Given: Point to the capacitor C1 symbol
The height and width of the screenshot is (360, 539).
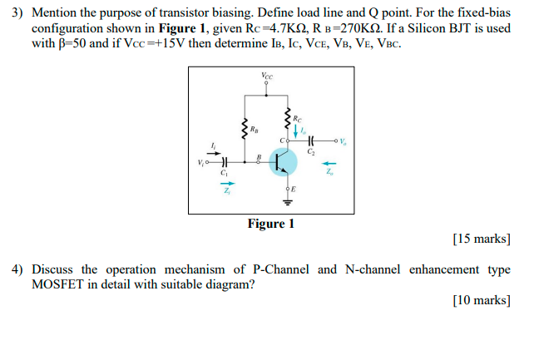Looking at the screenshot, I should (x=223, y=162).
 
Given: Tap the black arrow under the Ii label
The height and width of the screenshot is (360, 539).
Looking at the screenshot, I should (x=215, y=154).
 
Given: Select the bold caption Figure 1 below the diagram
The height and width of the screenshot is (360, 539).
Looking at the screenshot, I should (x=270, y=224).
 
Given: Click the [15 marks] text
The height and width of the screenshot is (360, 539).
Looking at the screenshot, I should (x=482, y=239).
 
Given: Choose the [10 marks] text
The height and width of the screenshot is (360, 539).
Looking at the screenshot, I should (x=482, y=300).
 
